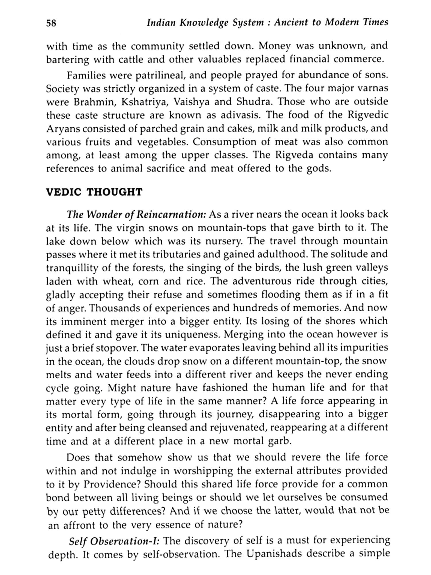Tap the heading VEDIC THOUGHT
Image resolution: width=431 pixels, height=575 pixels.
point(94,192)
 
